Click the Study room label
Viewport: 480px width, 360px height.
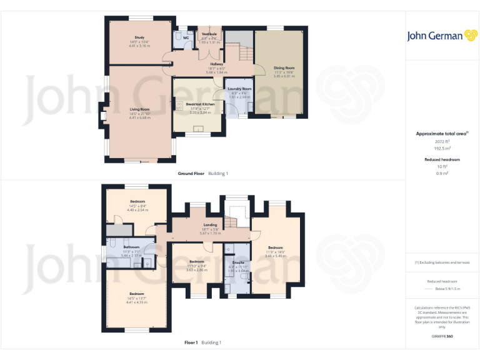139,37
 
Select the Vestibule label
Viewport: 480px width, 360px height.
209,34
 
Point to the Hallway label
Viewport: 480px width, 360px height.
217,64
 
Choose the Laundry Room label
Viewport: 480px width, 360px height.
239,89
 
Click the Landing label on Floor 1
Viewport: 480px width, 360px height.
210,225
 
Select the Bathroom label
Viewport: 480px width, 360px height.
131,247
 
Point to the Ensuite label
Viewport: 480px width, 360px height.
237,263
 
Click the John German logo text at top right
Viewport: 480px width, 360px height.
436,36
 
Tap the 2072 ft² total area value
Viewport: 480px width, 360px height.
442,141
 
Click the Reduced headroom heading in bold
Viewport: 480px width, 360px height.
442,159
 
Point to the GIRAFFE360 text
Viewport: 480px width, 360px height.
442,336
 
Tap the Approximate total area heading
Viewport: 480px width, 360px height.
441,134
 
